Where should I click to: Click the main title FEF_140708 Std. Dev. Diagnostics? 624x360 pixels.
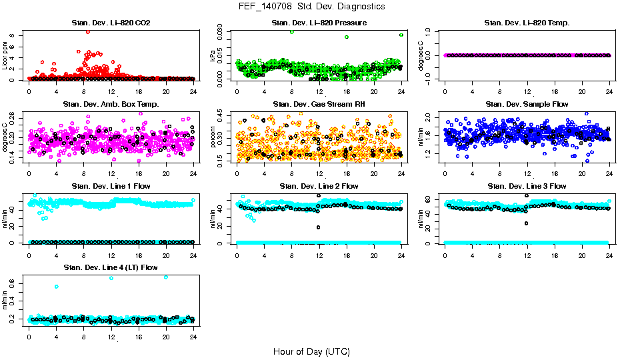coord(311,7)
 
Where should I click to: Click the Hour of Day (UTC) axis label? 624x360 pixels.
coord(311,351)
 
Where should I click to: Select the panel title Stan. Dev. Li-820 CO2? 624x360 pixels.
coord(111,23)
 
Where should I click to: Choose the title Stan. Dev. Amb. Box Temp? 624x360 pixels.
coord(111,104)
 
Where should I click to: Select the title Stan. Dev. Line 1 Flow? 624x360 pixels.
coord(111,186)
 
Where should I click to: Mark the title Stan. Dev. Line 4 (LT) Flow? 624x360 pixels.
coord(111,267)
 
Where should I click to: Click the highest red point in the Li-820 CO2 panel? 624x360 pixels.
coord(87,31)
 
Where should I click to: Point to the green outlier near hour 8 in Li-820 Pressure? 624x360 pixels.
coord(292,32)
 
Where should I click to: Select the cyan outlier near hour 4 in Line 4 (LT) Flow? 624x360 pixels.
coord(57,287)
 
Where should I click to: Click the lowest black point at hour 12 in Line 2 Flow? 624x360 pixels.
coord(319,227)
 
